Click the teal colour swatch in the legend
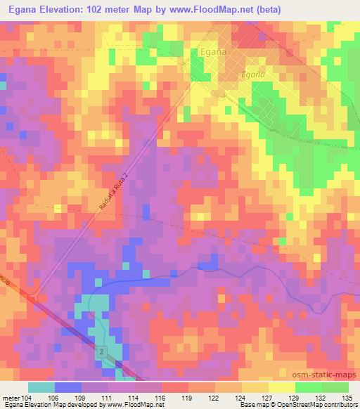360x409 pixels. [41, 387]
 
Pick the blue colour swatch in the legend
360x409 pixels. [68, 387]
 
